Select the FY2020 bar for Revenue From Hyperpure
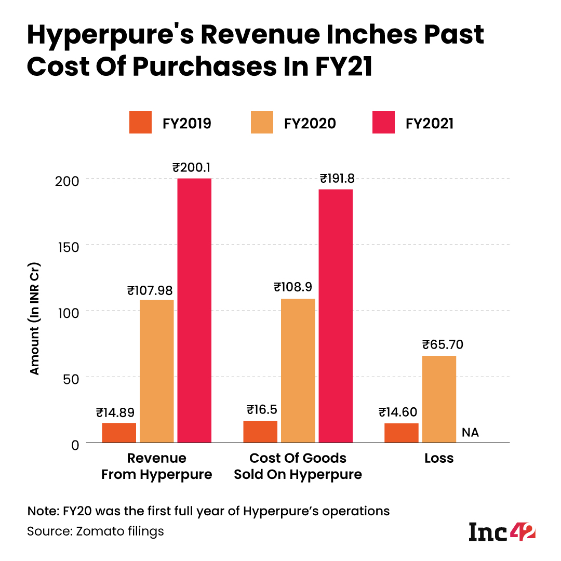click(157, 371)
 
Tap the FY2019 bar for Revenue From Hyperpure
click(119, 433)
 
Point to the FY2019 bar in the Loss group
click(402, 433)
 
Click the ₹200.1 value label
click(195, 168)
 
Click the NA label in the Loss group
click(470, 432)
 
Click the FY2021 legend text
click(430, 123)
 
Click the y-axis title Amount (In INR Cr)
click(34, 320)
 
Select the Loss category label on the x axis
click(439, 458)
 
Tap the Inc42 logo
click(502, 531)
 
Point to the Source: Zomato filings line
click(96, 531)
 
